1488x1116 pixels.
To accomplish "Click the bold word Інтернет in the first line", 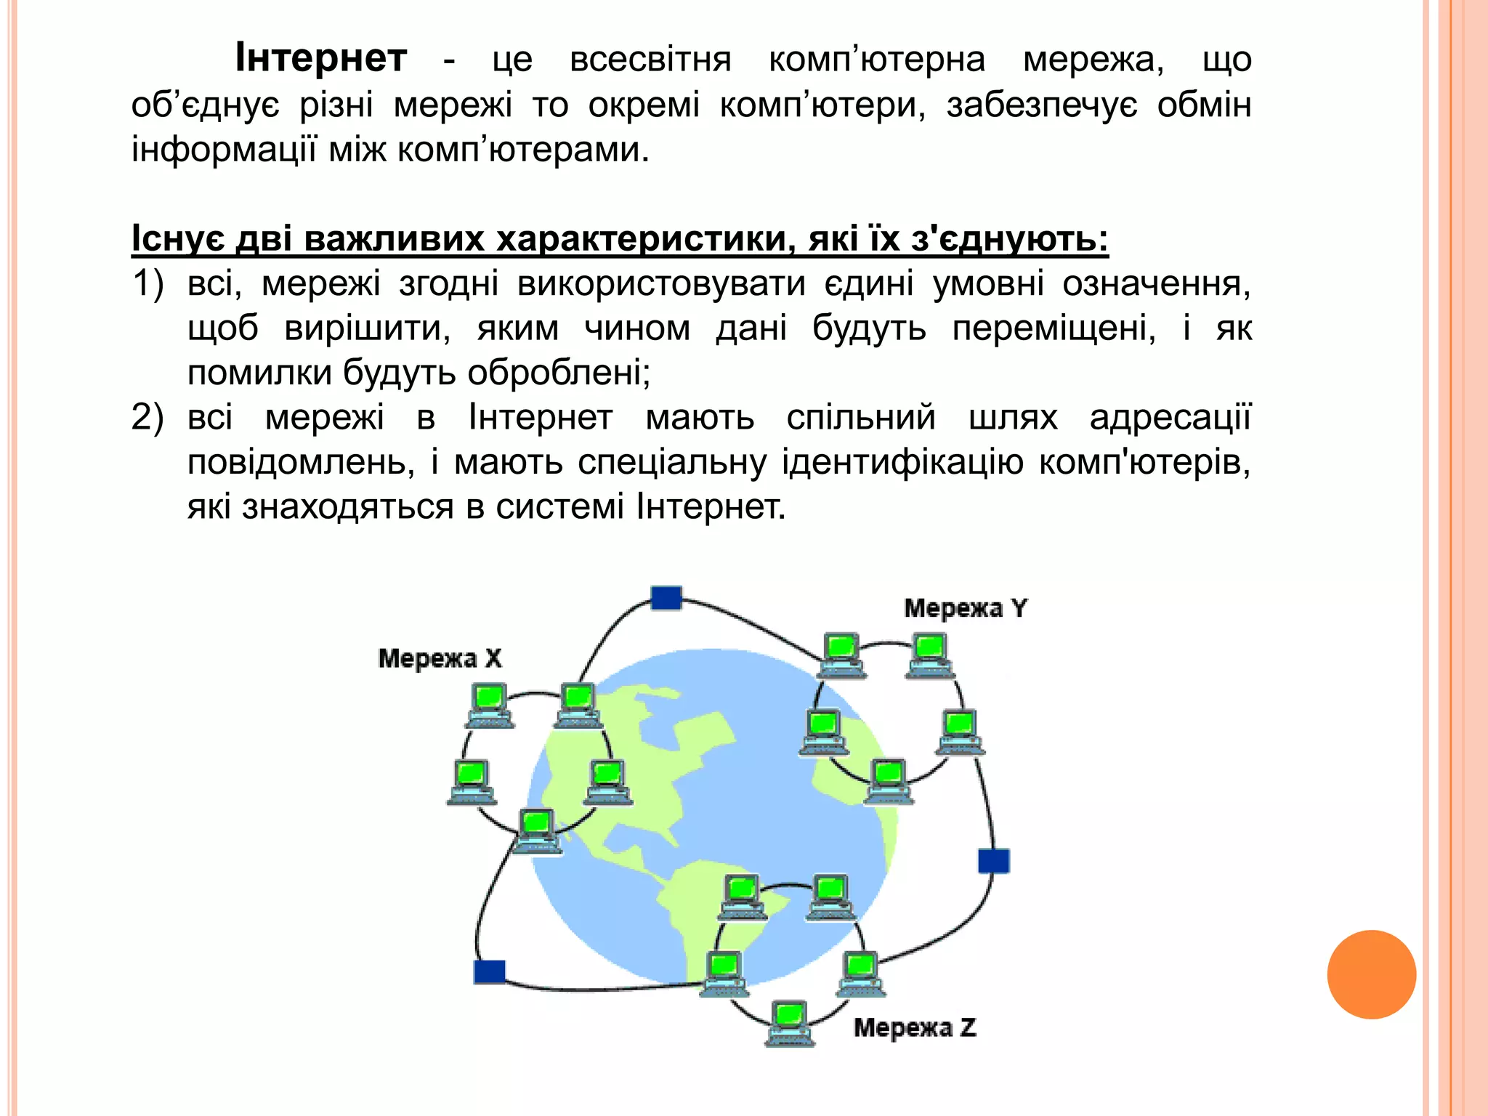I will pyautogui.click(x=320, y=59).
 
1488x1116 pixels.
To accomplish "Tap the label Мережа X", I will pyautogui.click(x=440, y=658).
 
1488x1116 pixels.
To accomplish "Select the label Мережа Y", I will pyautogui.click(x=966, y=608).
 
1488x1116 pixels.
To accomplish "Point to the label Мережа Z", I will pyautogui.click(x=915, y=1027).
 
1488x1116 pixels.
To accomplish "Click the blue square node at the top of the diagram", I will pyautogui.click(x=666, y=598).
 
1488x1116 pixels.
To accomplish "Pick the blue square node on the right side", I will pyautogui.click(x=993, y=861).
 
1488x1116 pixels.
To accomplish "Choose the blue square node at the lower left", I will pyautogui.click(x=489, y=971).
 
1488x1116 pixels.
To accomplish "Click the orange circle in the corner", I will pyautogui.click(x=1371, y=974).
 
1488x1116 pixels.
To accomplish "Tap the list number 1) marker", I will pyautogui.click(x=147, y=283).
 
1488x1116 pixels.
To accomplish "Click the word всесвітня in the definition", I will pyautogui.click(x=650, y=60).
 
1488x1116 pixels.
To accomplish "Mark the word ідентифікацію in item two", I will pyautogui.click(x=902, y=462).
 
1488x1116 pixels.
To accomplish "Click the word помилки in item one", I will pyautogui.click(x=259, y=373).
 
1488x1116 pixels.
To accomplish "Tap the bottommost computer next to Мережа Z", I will pyautogui.click(x=790, y=1022).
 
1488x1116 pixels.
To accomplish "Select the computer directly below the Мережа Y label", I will pyautogui.click(x=929, y=655).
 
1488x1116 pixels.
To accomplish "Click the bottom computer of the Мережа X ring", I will pyautogui.click(x=537, y=830).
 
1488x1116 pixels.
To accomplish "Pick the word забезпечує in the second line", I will pyautogui.click(x=1042, y=105).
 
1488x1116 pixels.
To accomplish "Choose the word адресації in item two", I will pyautogui.click(x=1170, y=418).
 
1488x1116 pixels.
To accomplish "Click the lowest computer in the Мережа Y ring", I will pyautogui.click(x=888, y=781).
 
